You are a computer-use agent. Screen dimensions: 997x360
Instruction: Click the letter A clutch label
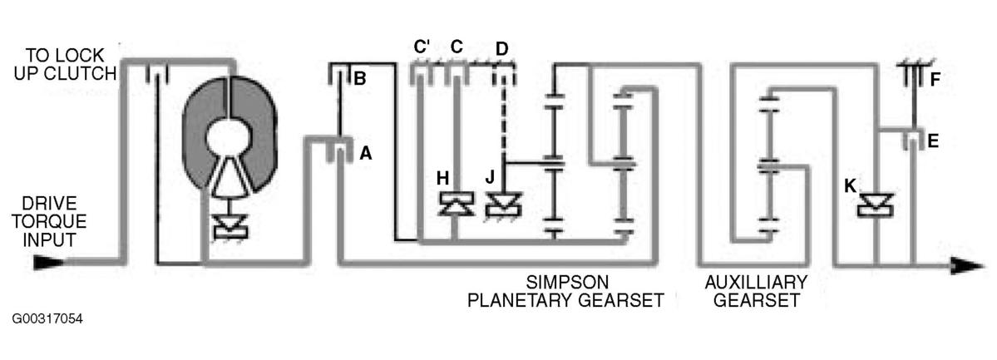[x=366, y=153]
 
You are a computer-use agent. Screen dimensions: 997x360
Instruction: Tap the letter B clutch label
[x=359, y=80]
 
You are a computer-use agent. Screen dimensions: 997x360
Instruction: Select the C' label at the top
[x=422, y=47]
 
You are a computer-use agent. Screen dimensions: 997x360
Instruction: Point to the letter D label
[x=502, y=47]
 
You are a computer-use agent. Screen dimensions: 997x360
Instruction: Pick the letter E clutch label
[x=933, y=141]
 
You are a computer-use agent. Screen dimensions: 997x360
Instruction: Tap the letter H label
[x=443, y=179]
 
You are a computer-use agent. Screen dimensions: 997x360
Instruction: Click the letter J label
[x=490, y=177]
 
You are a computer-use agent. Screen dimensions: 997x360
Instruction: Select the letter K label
[x=850, y=185]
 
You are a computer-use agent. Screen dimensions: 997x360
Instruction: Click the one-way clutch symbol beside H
[x=457, y=205]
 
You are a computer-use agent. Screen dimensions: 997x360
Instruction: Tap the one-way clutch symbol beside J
[x=503, y=205]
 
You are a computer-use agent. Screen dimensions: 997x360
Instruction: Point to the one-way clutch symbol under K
[x=876, y=205]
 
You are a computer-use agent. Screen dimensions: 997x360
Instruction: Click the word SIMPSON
[x=567, y=282]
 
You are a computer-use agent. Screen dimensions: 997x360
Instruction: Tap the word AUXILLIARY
[x=755, y=282]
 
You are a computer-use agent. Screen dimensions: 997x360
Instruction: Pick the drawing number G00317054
[x=47, y=318]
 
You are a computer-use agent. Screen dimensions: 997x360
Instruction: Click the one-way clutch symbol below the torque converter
[x=230, y=226]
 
